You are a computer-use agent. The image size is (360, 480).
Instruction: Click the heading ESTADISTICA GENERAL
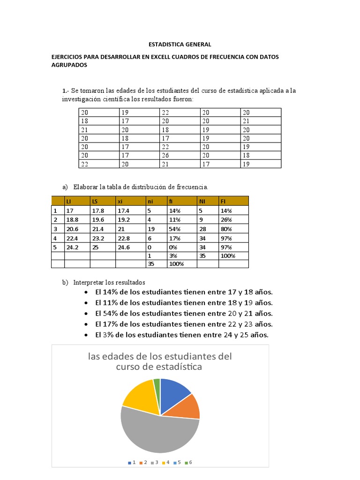(x=180, y=45)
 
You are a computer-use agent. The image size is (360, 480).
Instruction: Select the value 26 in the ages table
(x=165, y=155)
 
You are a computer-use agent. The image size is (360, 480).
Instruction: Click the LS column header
(x=95, y=201)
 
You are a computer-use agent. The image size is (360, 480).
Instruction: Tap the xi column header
(x=120, y=201)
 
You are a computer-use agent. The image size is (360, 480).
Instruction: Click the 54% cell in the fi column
(x=174, y=229)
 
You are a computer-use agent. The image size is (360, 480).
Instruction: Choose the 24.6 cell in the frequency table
(x=123, y=247)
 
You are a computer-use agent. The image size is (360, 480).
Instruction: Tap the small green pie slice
(x=157, y=385)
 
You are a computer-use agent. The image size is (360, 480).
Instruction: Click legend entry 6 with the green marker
(x=188, y=462)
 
